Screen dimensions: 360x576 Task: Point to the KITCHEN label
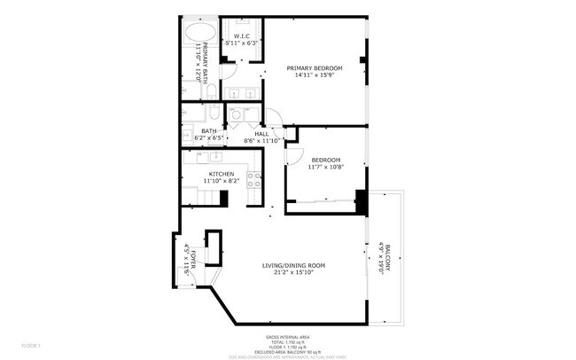click(x=221, y=174)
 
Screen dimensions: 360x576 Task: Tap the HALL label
click(x=261, y=134)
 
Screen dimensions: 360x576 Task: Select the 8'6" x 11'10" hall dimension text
click(x=261, y=140)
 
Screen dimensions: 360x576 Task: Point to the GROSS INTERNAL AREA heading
click(x=288, y=338)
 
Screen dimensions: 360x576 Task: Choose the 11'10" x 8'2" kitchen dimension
click(x=221, y=181)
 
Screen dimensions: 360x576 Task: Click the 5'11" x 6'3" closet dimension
click(x=241, y=43)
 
